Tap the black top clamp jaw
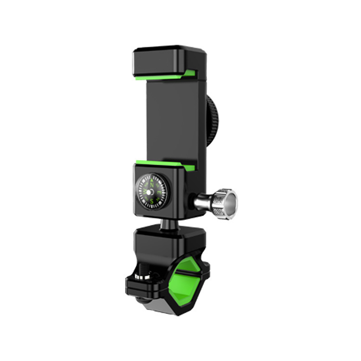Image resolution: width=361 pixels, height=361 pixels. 169,58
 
